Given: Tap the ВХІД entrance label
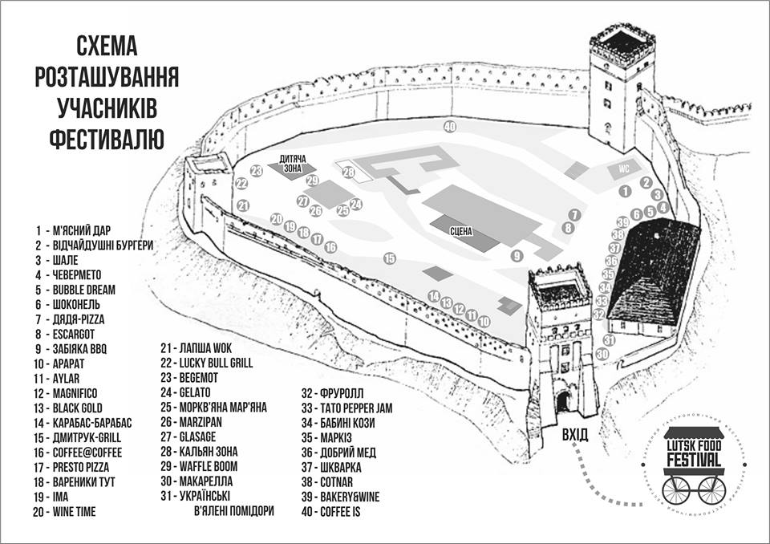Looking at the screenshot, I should click(575, 434).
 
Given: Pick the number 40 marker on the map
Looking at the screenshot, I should click(450, 127).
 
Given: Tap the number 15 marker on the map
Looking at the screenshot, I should click(390, 258).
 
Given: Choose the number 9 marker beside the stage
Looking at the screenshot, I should click(517, 256).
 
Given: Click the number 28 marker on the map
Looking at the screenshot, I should click(348, 173).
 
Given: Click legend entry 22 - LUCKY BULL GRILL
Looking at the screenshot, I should click(207, 363).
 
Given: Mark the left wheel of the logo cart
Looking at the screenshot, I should click(671, 485).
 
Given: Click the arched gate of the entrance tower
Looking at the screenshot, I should click(564, 401).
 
